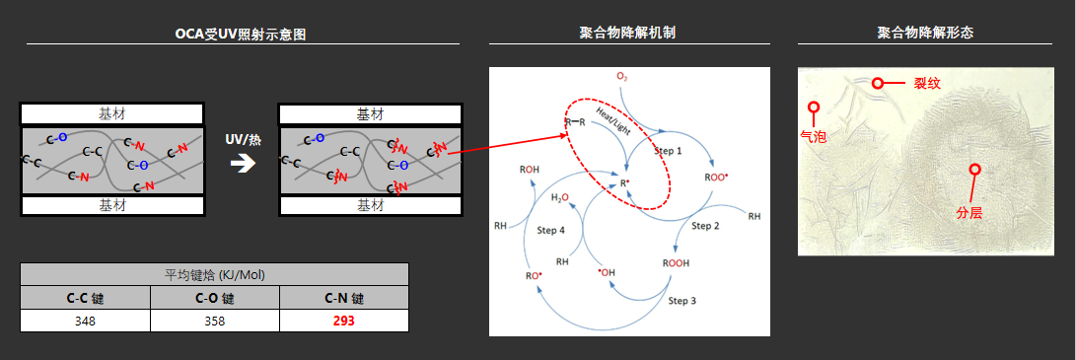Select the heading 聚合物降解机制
point(627,33)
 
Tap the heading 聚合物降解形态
point(925,33)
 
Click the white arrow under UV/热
point(242,162)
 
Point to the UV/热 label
point(242,140)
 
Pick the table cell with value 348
point(85,321)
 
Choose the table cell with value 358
point(215,321)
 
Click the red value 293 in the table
point(343,321)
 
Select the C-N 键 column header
point(343,298)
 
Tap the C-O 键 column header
point(215,298)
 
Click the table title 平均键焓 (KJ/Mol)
point(214,274)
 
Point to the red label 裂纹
point(927,84)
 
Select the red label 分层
point(969,212)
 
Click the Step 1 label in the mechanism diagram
point(668,150)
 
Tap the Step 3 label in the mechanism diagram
point(682,300)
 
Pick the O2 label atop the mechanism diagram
point(622,76)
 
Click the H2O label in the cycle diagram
point(560,197)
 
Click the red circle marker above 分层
point(974,170)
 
